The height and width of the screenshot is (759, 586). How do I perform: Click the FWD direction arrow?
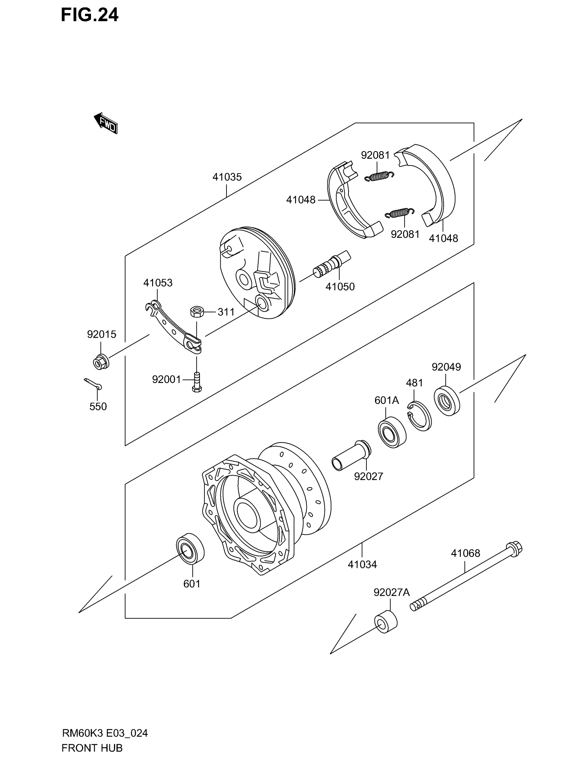coord(106,124)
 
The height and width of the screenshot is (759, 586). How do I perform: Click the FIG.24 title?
coord(90,15)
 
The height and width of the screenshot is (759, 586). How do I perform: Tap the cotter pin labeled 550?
coord(93,384)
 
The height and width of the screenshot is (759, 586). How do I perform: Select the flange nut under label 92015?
coord(101,363)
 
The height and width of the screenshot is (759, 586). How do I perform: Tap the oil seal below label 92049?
coord(447,401)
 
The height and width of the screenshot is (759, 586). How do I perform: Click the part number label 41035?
coord(227,177)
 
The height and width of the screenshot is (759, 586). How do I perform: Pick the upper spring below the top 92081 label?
coord(379,176)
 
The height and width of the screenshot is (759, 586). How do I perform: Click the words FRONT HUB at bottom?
coord(92,748)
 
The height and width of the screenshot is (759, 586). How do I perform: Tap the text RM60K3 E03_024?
coord(105,733)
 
